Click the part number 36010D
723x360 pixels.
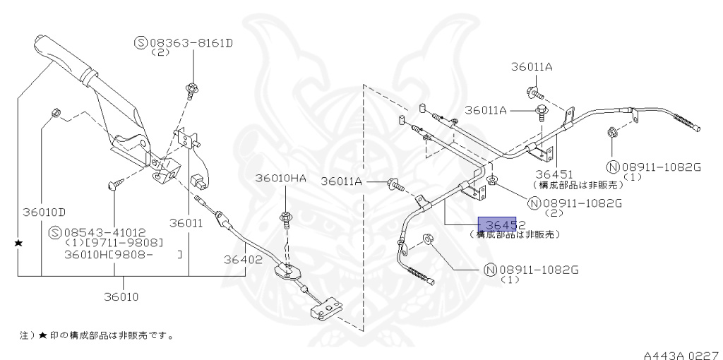43,212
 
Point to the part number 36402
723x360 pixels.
244,259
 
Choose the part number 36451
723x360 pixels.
553,174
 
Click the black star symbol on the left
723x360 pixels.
18,243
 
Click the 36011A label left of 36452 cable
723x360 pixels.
341,181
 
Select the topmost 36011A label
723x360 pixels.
532,67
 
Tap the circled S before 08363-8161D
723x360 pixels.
140,44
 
